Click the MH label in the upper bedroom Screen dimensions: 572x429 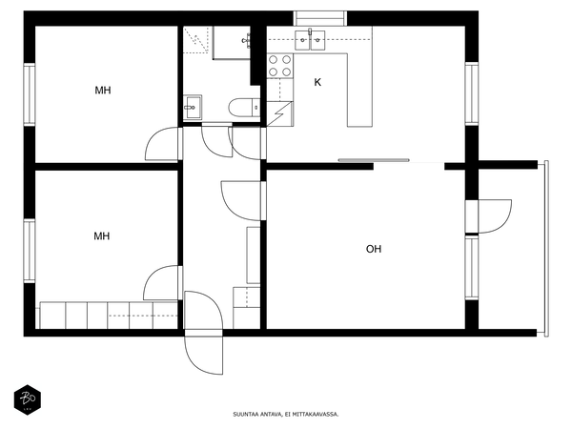103,91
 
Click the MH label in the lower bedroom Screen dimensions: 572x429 102,236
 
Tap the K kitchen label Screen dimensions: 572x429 317,82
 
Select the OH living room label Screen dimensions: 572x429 374,249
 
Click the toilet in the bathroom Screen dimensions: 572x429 244,108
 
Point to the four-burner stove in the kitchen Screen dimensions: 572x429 279,66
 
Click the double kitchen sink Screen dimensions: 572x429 310,40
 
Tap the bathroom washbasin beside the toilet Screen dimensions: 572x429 193,107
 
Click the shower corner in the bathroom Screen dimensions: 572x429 197,40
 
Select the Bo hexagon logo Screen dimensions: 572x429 28,400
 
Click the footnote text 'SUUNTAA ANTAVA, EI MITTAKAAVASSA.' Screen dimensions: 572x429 286,414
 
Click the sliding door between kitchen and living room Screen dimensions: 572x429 373,160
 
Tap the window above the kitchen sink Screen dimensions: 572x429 320,18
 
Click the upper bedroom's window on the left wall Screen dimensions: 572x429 30,94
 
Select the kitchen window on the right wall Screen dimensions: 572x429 471,93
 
